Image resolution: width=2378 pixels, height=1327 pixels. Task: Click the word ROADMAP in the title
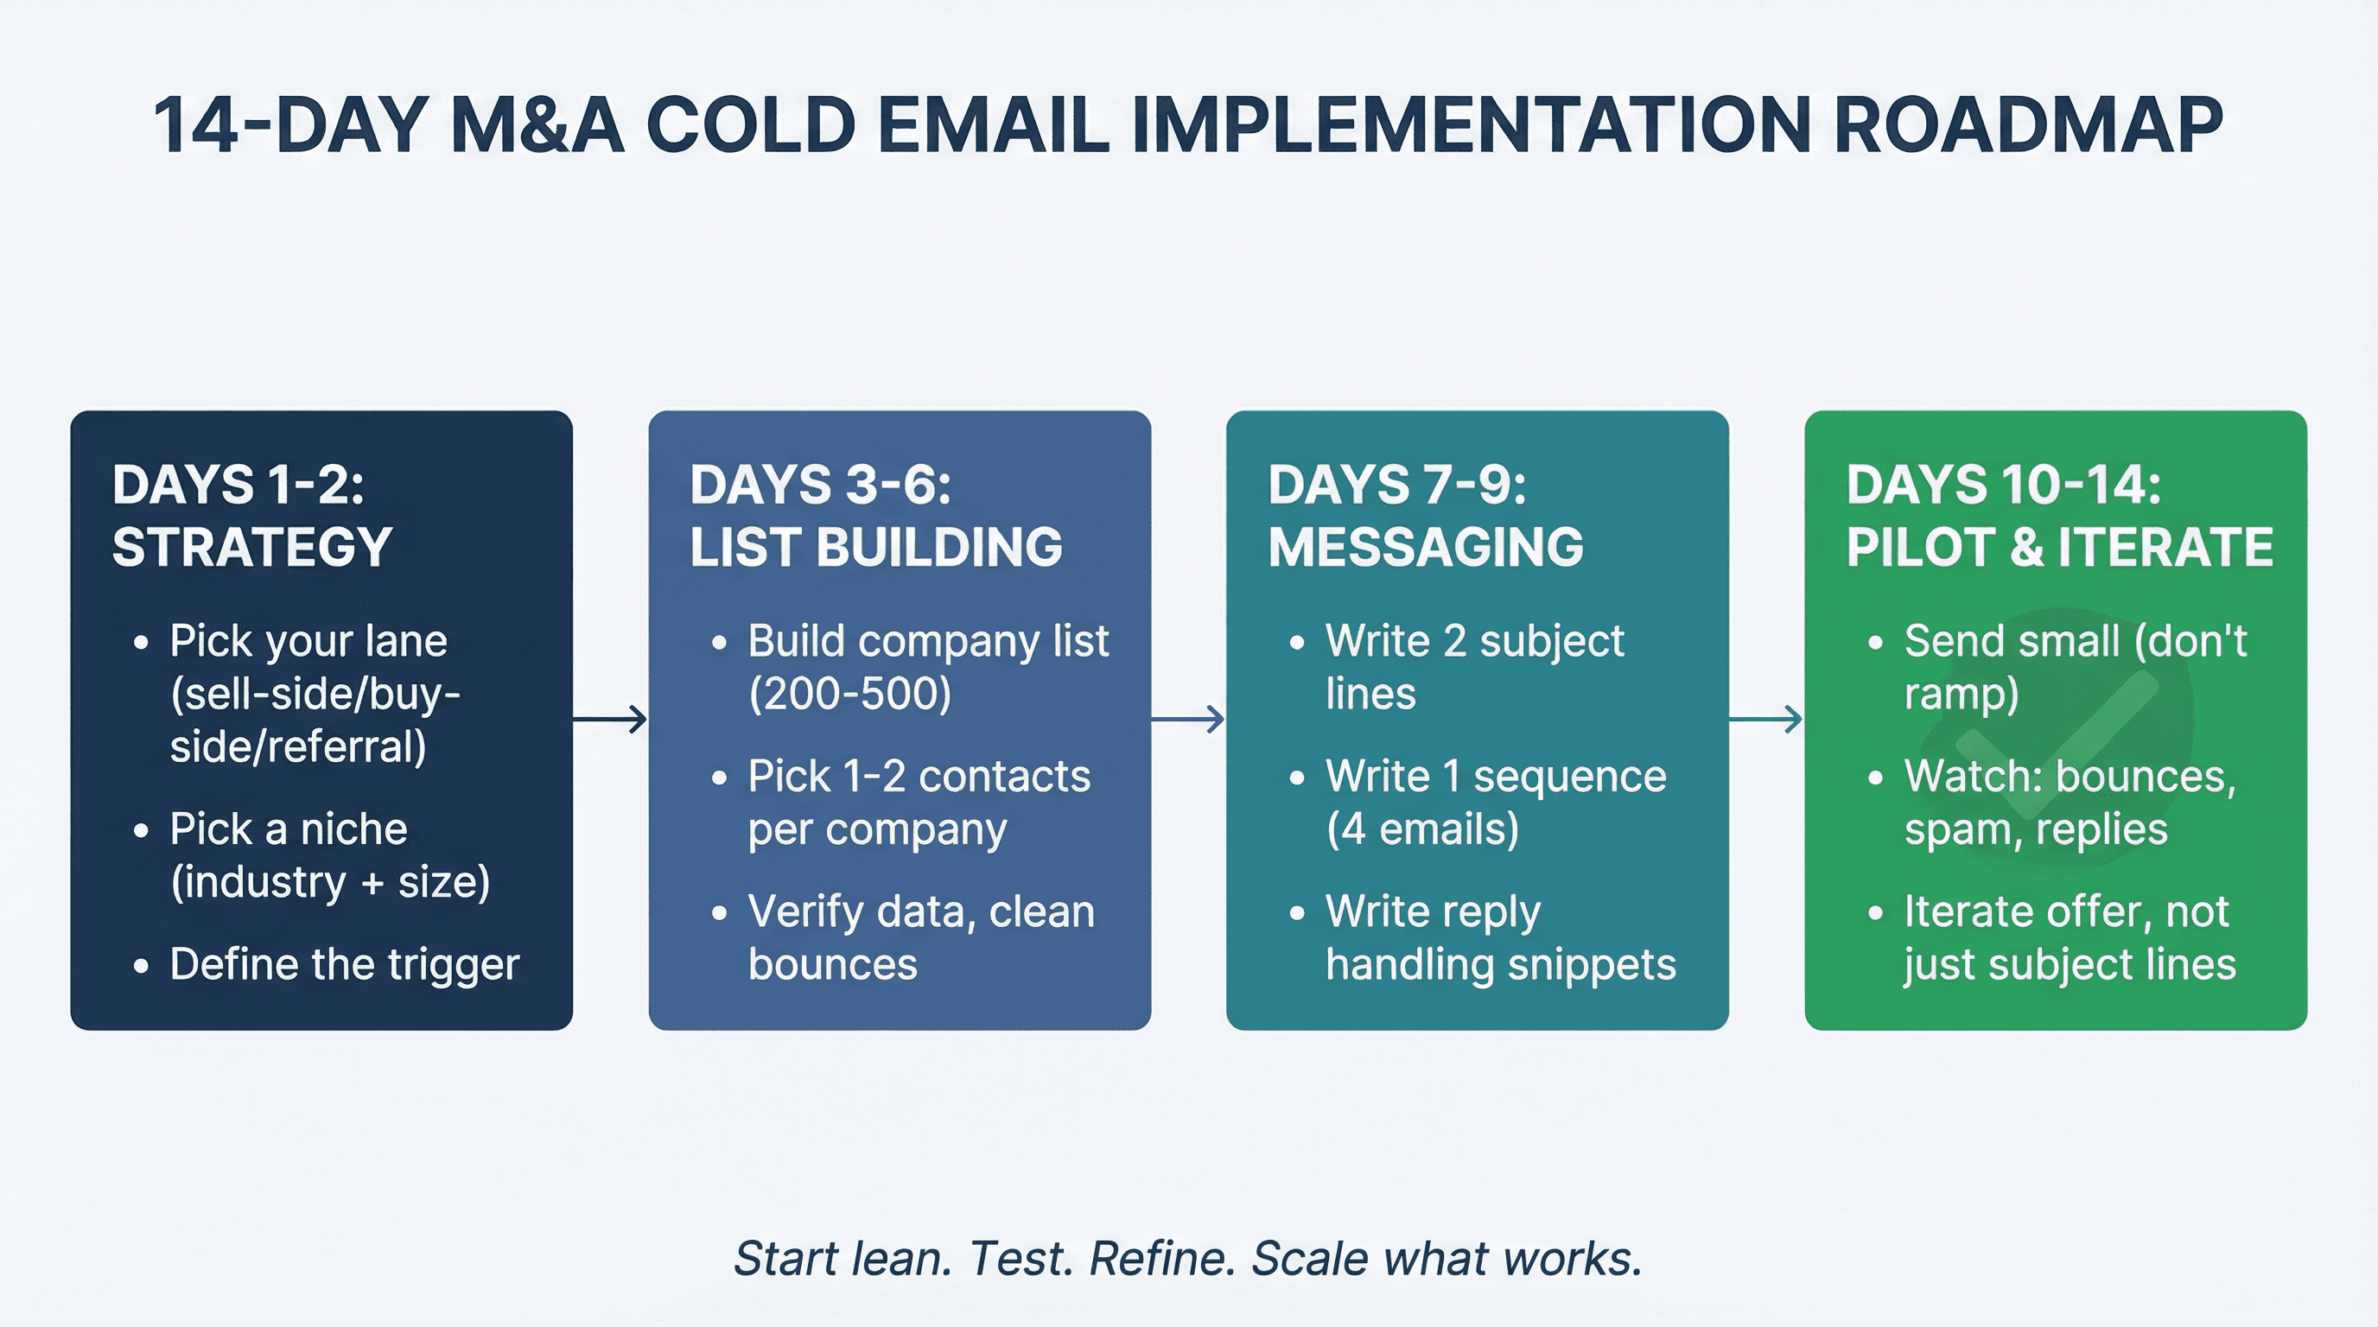pyautogui.click(x=2027, y=125)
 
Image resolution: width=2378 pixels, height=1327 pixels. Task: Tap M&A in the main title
pyautogui.click(x=537, y=125)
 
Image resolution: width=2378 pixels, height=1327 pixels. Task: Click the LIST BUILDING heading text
pyautogui.click(x=875, y=546)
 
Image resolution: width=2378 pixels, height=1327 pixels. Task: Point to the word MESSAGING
pyautogui.click(x=1425, y=546)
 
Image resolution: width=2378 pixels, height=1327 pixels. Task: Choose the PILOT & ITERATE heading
pyautogui.click(x=2058, y=546)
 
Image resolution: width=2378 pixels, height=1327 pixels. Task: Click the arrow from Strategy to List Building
pyautogui.click(x=610, y=719)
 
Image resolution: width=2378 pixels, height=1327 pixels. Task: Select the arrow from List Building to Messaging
pyautogui.click(x=1188, y=719)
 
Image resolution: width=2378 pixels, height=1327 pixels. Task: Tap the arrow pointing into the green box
pyautogui.click(x=1766, y=719)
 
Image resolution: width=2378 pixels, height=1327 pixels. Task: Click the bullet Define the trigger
pyautogui.click(x=343, y=964)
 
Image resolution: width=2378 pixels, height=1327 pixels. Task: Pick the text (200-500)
pyautogui.click(x=849, y=694)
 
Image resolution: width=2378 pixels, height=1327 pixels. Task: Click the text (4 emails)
pyautogui.click(x=1421, y=829)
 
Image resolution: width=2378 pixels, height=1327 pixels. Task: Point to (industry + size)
pyautogui.click(x=329, y=882)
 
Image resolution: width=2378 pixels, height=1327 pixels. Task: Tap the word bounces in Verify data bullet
pyautogui.click(x=833, y=964)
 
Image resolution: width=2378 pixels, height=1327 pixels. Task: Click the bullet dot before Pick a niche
pyautogui.click(x=140, y=830)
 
